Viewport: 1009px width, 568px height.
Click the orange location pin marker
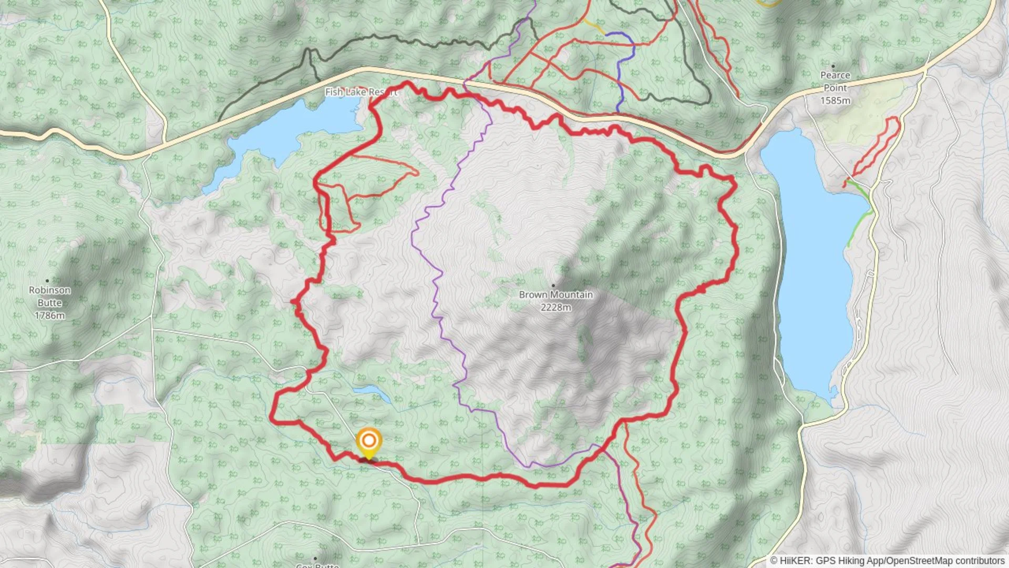(x=369, y=441)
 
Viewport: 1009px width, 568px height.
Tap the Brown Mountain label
(x=555, y=295)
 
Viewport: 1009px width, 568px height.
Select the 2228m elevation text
(x=555, y=307)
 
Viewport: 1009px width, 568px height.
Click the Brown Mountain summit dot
(x=553, y=285)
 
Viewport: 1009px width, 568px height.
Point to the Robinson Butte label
(x=49, y=296)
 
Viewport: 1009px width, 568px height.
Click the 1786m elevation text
(x=49, y=316)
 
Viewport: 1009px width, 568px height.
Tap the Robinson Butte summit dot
(x=47, y=280)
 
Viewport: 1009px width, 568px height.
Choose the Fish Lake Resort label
(x=361, y=92)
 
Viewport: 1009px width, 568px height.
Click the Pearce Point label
(x=835, y=82)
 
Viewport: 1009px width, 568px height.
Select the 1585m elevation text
(x=835, y=100)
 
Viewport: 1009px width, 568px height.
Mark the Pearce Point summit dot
(x=833, y=66)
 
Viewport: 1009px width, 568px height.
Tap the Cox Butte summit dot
(x=315, y=558)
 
